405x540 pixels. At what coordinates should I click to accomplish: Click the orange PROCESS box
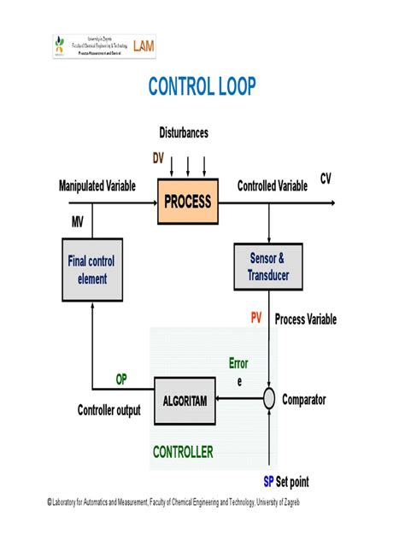pos(187,202)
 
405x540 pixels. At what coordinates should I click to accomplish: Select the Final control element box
pos(91,270)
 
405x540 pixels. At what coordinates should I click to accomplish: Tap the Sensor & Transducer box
pos(268,267)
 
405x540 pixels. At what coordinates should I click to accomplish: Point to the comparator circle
pos(269,399)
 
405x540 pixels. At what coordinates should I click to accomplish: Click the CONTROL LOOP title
pos(202,87)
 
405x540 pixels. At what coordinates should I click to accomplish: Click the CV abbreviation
pos(326,178)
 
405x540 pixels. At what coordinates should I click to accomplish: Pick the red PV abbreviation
pos(255,319)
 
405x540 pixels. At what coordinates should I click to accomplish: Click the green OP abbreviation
pos(121,379)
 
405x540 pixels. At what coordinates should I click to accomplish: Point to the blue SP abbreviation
pos(268,481)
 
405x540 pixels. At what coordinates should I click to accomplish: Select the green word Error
pos(238,363)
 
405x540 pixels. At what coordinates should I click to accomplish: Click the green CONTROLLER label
pos(183,452)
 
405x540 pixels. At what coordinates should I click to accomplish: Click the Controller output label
pos(109,410)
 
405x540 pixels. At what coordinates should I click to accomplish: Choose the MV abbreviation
pos(79,221)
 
